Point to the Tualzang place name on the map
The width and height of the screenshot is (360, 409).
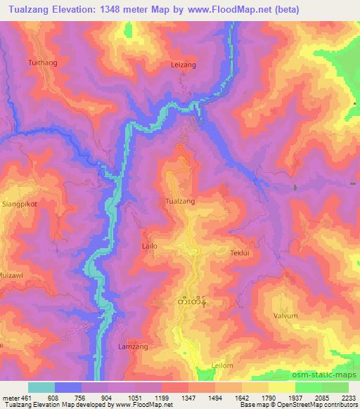pyautogui.click(x=179, y=202)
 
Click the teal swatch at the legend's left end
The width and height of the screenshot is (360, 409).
pyautogui.click(x=41, y=387)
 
